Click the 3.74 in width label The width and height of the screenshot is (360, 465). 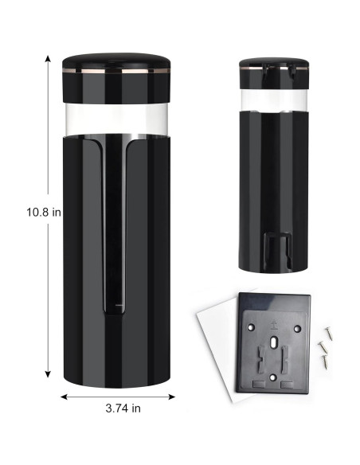click(123, 408)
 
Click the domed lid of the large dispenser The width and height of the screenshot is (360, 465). click(116, 64)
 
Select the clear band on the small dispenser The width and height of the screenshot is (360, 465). click(273, 99)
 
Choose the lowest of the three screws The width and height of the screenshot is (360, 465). click(324, 361)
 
